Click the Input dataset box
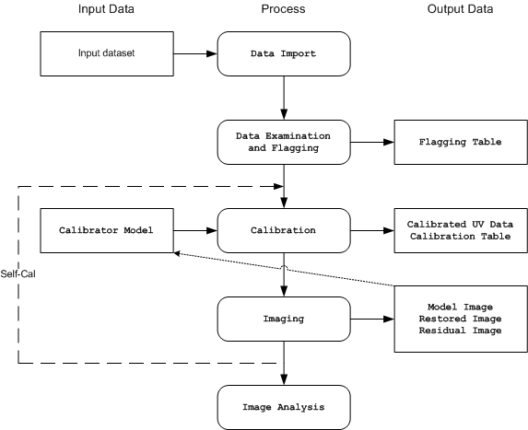107,53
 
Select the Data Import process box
284,53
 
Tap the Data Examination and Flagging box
284,143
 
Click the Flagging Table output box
461,143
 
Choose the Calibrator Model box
107,230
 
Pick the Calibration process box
284,230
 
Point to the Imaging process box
284,319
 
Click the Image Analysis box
284,407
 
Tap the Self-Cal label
18,273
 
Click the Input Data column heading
106,9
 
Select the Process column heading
283,9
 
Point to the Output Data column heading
461,9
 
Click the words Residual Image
461,331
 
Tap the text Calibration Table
461,237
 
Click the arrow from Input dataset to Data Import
195,53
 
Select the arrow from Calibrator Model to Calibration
195,230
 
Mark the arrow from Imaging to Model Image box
372,319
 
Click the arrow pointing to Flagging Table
372,143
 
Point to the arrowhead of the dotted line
176,253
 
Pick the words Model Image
461,308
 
